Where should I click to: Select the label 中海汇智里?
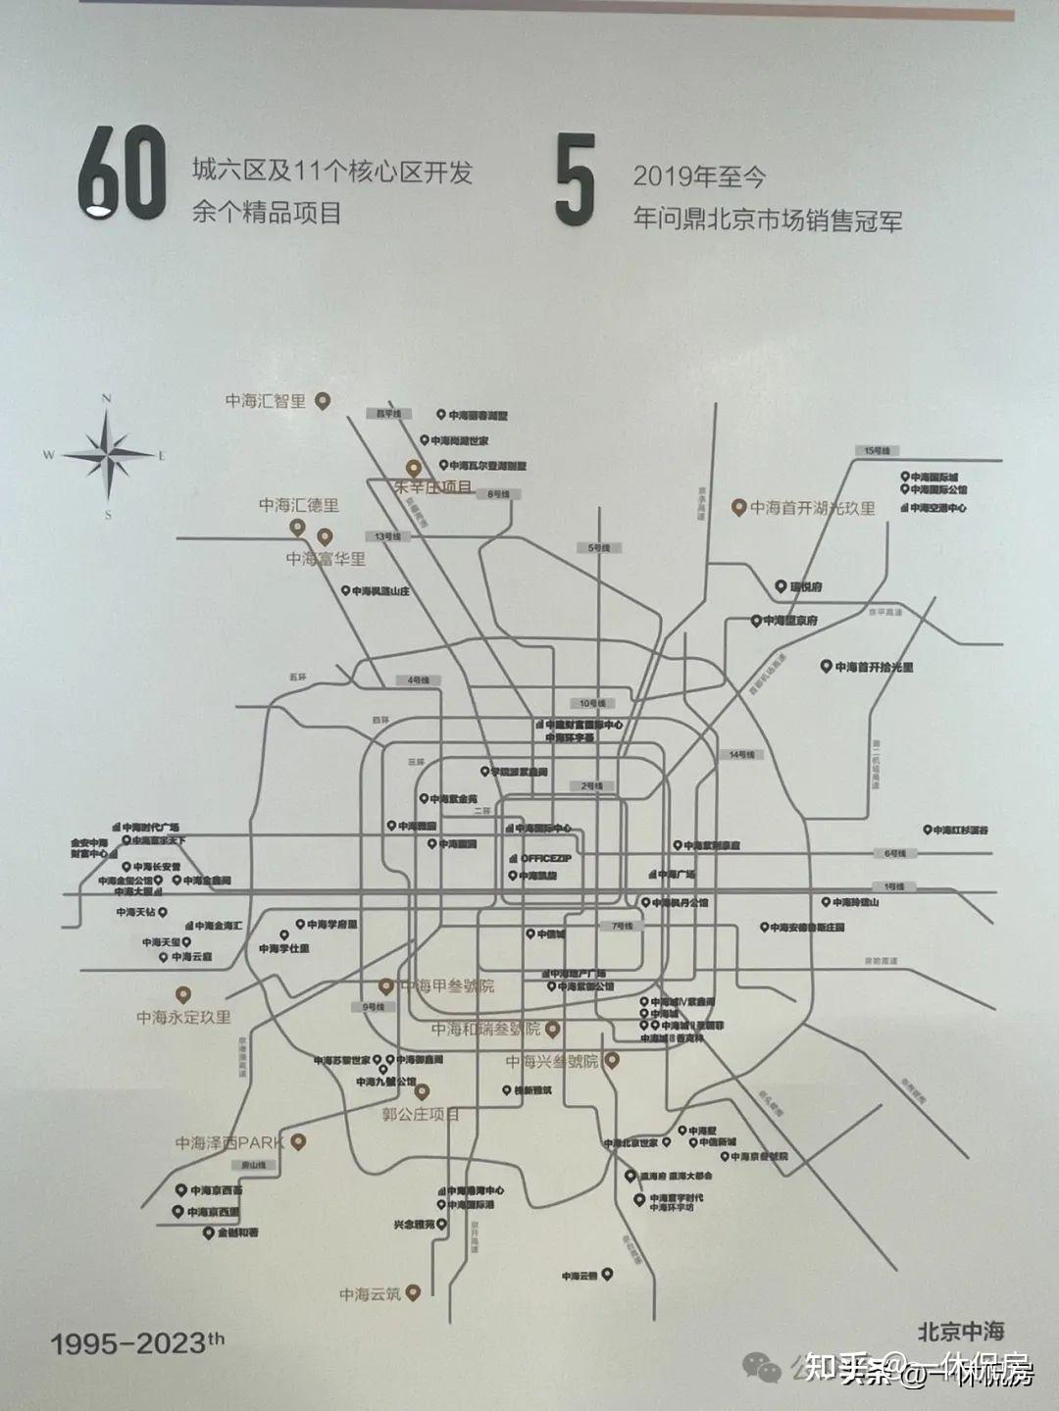coord(266,401)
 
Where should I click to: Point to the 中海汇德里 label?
coord(299,505)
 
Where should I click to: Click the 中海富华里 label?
coord(326,558)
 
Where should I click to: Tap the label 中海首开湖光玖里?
coord(812,508)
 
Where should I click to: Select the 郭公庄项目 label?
coord(421,1114)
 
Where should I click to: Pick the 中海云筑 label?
coord(371,1294)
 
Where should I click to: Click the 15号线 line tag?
coord(876,450)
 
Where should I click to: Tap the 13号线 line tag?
coord(388,536)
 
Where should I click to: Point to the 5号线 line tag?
coord(598,548)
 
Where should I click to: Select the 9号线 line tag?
coord(374,1007)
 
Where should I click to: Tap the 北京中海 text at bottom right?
coord(960,1331)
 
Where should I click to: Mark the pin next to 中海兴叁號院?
coord(611,1060)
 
